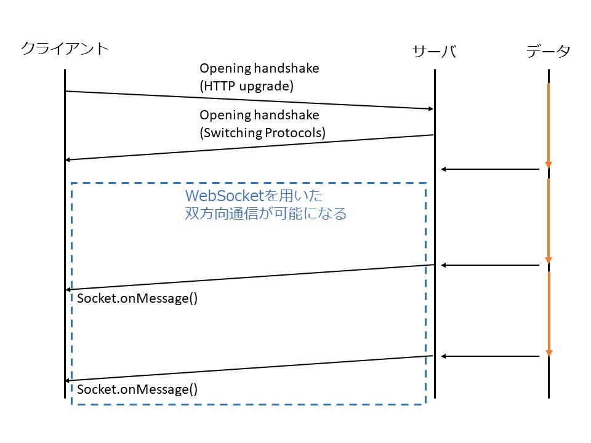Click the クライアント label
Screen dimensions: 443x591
(x=65, y=49)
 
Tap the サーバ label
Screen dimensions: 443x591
(x=434, y=52)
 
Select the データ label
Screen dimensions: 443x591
(x=548, y=52)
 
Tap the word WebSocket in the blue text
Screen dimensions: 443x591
(x=225, y=196)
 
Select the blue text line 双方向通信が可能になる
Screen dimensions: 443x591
(x=266, y=214)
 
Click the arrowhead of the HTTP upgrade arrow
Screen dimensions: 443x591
(x=430, y=108)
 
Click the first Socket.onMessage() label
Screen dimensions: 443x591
(x=137, y=299)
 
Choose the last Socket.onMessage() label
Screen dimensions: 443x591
(x=137, y=389)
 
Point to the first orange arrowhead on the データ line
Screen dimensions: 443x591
(x=548, y=165)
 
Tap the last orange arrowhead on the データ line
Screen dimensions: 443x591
(x=548, y=353)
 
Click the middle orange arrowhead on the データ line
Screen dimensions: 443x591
(x=548, y=260)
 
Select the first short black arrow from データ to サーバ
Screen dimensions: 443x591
(x=491, y=169)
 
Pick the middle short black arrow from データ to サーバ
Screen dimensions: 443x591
(x=491, y=265)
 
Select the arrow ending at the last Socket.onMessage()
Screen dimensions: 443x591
(x=249, y=368)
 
